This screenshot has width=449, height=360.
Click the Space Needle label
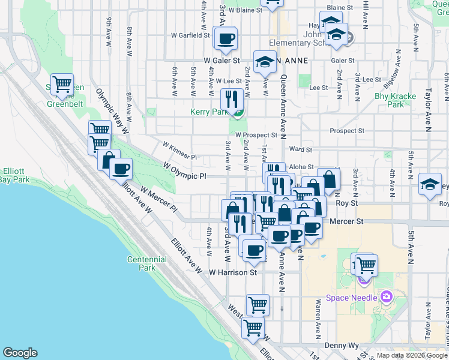pos(351,298)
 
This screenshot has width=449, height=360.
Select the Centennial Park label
pos(147,263)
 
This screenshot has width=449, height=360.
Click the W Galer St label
pos(221,61)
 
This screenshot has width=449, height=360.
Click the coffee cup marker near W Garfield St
pos(226,40)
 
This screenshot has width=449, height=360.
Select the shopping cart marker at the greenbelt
pos(62,85)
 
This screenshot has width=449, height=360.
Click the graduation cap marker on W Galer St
pos(264,61)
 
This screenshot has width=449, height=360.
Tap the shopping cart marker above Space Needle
pos(365,265)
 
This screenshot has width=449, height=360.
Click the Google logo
pos(20,353)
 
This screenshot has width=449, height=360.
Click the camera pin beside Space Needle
pos(385,297)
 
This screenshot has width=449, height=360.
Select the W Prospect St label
pos(256,135)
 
